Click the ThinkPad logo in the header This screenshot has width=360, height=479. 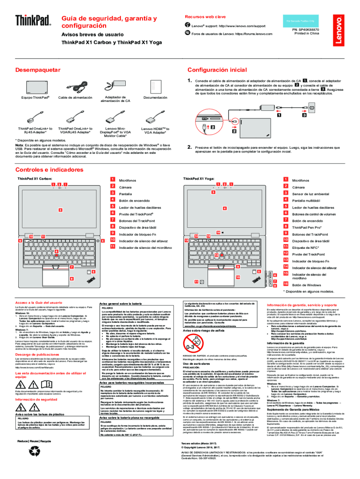[32, 21]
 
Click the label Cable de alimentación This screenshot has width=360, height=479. [75, 98]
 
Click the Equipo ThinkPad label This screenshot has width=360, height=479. [35, 98]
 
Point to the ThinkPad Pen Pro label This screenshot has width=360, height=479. [309, 227]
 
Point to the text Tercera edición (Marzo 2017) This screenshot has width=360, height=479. [200, 442]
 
